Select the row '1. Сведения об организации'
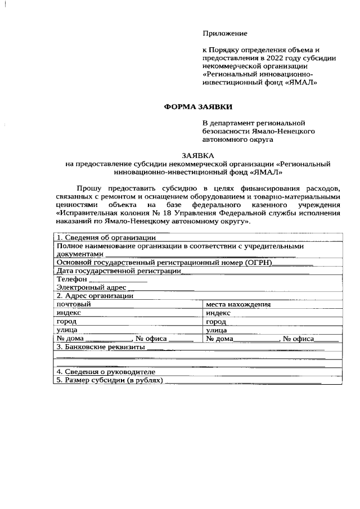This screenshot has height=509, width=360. pyautogui.click(x=101, y=237)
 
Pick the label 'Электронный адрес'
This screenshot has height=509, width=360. pyautogui.click(x=86, y=287)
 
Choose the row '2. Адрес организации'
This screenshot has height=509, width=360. pyautogui.click(x=94, y=296)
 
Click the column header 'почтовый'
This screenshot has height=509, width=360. pyautogui.click(x=73, y=304)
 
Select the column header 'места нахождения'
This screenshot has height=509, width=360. pyautogui.click(x=238, y=304)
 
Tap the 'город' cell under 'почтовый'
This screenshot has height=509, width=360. pyautogui.click(x=66, y=322)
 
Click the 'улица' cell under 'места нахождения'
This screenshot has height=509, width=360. pyautogui.click(x=217, y=330)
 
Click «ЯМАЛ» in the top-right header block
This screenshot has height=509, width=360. pyautogui.click(x=303, y=82)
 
